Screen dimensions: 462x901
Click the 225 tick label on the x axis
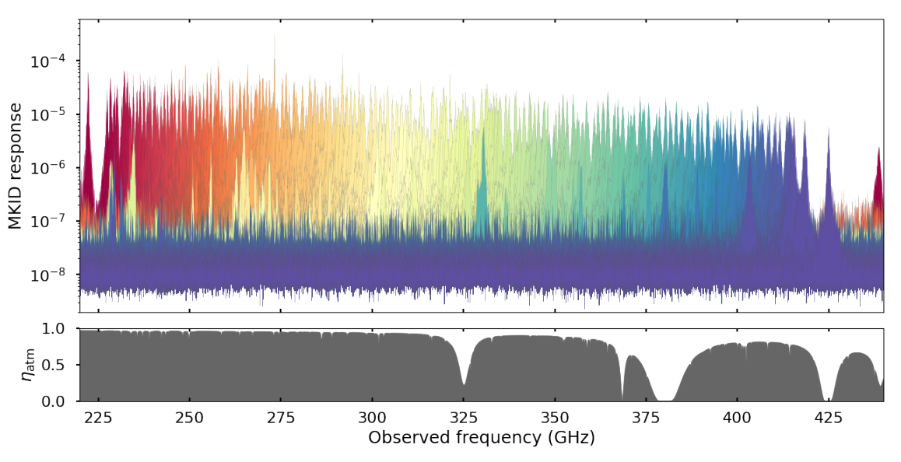[98, 418]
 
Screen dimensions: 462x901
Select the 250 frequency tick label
[189, 418]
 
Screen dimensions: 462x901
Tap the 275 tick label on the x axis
[281, 418]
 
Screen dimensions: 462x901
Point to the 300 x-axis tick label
[372, 418]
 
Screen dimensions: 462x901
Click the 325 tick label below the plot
[463, 418]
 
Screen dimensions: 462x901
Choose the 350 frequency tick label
[554, 418]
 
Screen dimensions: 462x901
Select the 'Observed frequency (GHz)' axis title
[482, 438]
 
